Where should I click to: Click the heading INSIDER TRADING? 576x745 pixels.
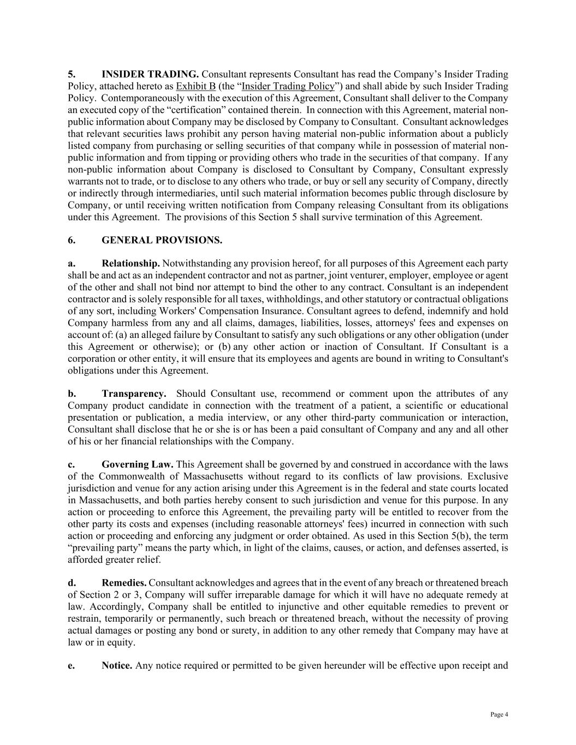pyautogui.click(x=150, y=74)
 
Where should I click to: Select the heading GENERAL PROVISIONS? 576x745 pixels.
pyautogui.click(x=162, y=240)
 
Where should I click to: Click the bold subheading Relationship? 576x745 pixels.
pyautogui.click(x=130, y=264)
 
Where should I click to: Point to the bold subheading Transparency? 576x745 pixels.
pyautogui.click(x=134, y=394)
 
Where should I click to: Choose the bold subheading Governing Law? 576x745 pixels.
pyautogui.click(x=138, y=464)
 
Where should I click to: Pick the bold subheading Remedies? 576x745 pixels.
pyautogui.click(x=124, y=583)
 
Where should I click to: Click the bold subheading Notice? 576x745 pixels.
pyautogui.click(x=117, y=665)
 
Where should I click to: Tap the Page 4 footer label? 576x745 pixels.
pyautogui.click(x=499, y=714)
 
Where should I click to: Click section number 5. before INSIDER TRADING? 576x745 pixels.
pyautogui.click(x=72, y=74)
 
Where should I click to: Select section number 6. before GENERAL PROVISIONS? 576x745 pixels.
pyautogui.click(x=72, y=240)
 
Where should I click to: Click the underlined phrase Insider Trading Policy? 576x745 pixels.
pyautogui.click(x=288, y=86)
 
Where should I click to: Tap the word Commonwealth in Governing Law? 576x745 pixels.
pyautogui.click(x=130, y=476)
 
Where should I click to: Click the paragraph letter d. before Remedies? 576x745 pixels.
pyautogui.click(x=72, y=583)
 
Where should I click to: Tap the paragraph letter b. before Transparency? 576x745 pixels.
pyautogui.click(x=72, y=394)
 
